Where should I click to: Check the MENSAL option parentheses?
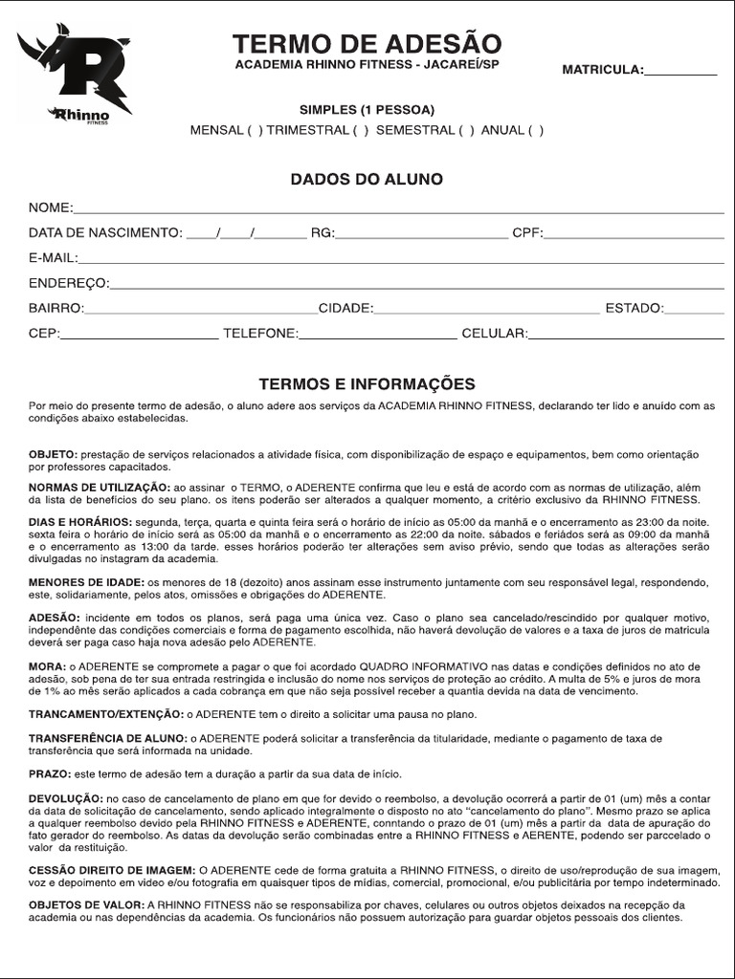pos(255,130)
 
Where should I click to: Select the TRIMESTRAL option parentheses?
pos(360,130)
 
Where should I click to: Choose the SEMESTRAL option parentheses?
pos(466,130)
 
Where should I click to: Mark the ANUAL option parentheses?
pos(535,130)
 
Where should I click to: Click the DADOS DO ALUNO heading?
pos(367,180)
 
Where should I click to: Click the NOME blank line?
pos(398,209)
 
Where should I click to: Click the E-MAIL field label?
pos(53,258)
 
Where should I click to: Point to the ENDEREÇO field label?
pos(69,283)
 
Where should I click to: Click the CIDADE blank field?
pos(486,309)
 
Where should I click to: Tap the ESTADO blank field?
pos(694,309)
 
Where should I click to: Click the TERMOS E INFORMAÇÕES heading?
pos(367,384)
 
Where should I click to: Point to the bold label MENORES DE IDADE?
pos(85,582)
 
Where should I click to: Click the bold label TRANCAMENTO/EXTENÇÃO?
pos(104,714)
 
